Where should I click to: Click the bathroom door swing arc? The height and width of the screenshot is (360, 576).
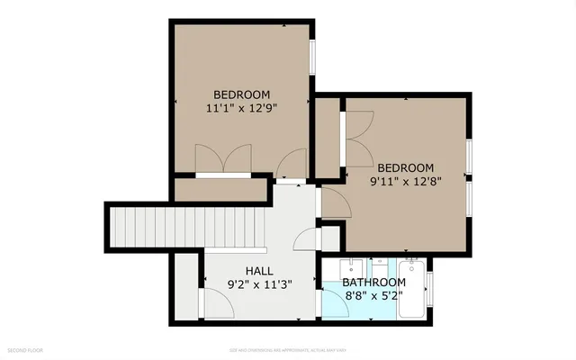point(331,303)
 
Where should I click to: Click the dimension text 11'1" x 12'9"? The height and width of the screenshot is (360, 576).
point(241,107)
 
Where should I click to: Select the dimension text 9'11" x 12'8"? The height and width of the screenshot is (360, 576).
point(405,181)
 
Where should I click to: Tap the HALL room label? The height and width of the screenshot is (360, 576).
point(260,270)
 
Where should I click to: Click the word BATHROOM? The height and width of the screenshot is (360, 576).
point(373,282)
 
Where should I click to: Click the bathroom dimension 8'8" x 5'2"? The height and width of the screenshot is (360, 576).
point(373,295)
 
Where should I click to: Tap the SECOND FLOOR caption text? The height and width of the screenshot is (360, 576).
point(28,347)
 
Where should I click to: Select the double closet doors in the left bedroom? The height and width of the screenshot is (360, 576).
point(223,159)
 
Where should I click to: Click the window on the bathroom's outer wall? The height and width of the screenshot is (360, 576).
point(430,288)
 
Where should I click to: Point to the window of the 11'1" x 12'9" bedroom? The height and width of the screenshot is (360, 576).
point(312,58)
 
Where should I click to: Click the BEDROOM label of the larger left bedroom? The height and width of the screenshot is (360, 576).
point(241,94)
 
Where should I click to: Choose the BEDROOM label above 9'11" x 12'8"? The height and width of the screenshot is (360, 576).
point(405,167)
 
